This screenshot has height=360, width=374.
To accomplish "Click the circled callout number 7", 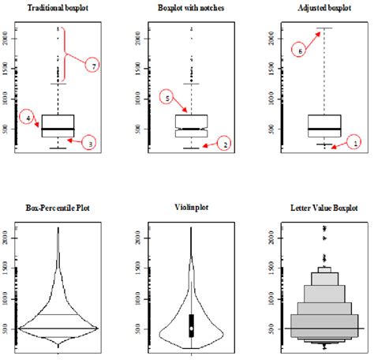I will pyautogui.click(x=92, y=67).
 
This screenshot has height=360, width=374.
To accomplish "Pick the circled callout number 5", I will pyautogui.click(x=166, y=98).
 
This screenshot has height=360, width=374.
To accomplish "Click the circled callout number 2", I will pyautogui.click(x=224, y=144).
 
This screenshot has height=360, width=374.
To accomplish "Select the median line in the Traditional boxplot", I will pyautogui.click(x=58, y=129).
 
